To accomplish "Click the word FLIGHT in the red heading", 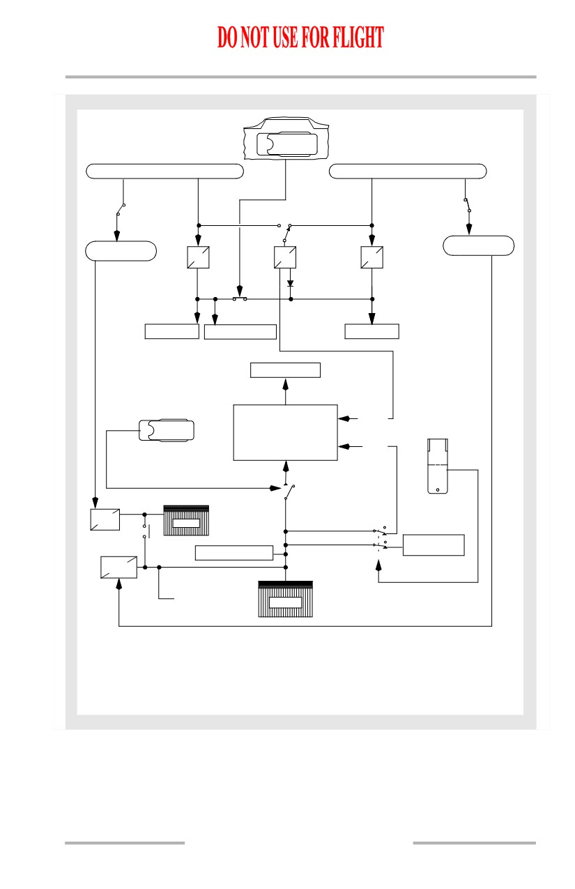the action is pyautogui.click(x=358, y=38).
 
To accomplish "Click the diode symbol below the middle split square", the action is pyautogui.click(x=290, y=283).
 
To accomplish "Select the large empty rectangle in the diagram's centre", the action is pyautogui.click(x=285, y=432).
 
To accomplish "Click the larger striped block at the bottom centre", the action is pyautogui.click(x=285, y=599).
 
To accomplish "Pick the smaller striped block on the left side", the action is pyautogui.click(x=186, y=520).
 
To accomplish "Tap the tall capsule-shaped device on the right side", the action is pyautogui.click(x=437, y=466).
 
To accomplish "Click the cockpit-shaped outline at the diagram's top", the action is pyautogui.click(x=286, y=138).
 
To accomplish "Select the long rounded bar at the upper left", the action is pyautogui.click(x=164, y=171).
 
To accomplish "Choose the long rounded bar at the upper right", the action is pyautogui.click(x=408, y=171).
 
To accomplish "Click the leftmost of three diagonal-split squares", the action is pyautogui.click(x=198, y=257).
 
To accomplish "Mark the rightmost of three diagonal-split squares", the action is pyautogui.click(x=371, y=257).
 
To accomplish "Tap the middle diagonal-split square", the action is pyautogui.click(x=285, y=257).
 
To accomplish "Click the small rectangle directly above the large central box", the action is pyautogui.click(x=285, y=370).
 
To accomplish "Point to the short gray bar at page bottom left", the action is pyautogui.click(x=125, y=842).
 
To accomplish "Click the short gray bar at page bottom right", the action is pyautogui.click(x=474, y=842).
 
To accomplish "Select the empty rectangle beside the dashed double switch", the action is pyautogui.click(x=434, y=545).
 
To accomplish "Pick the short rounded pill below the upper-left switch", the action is pyautogui.click(x=121, y=251).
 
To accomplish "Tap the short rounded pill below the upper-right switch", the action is pyautogui.click(x=478, y=245).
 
